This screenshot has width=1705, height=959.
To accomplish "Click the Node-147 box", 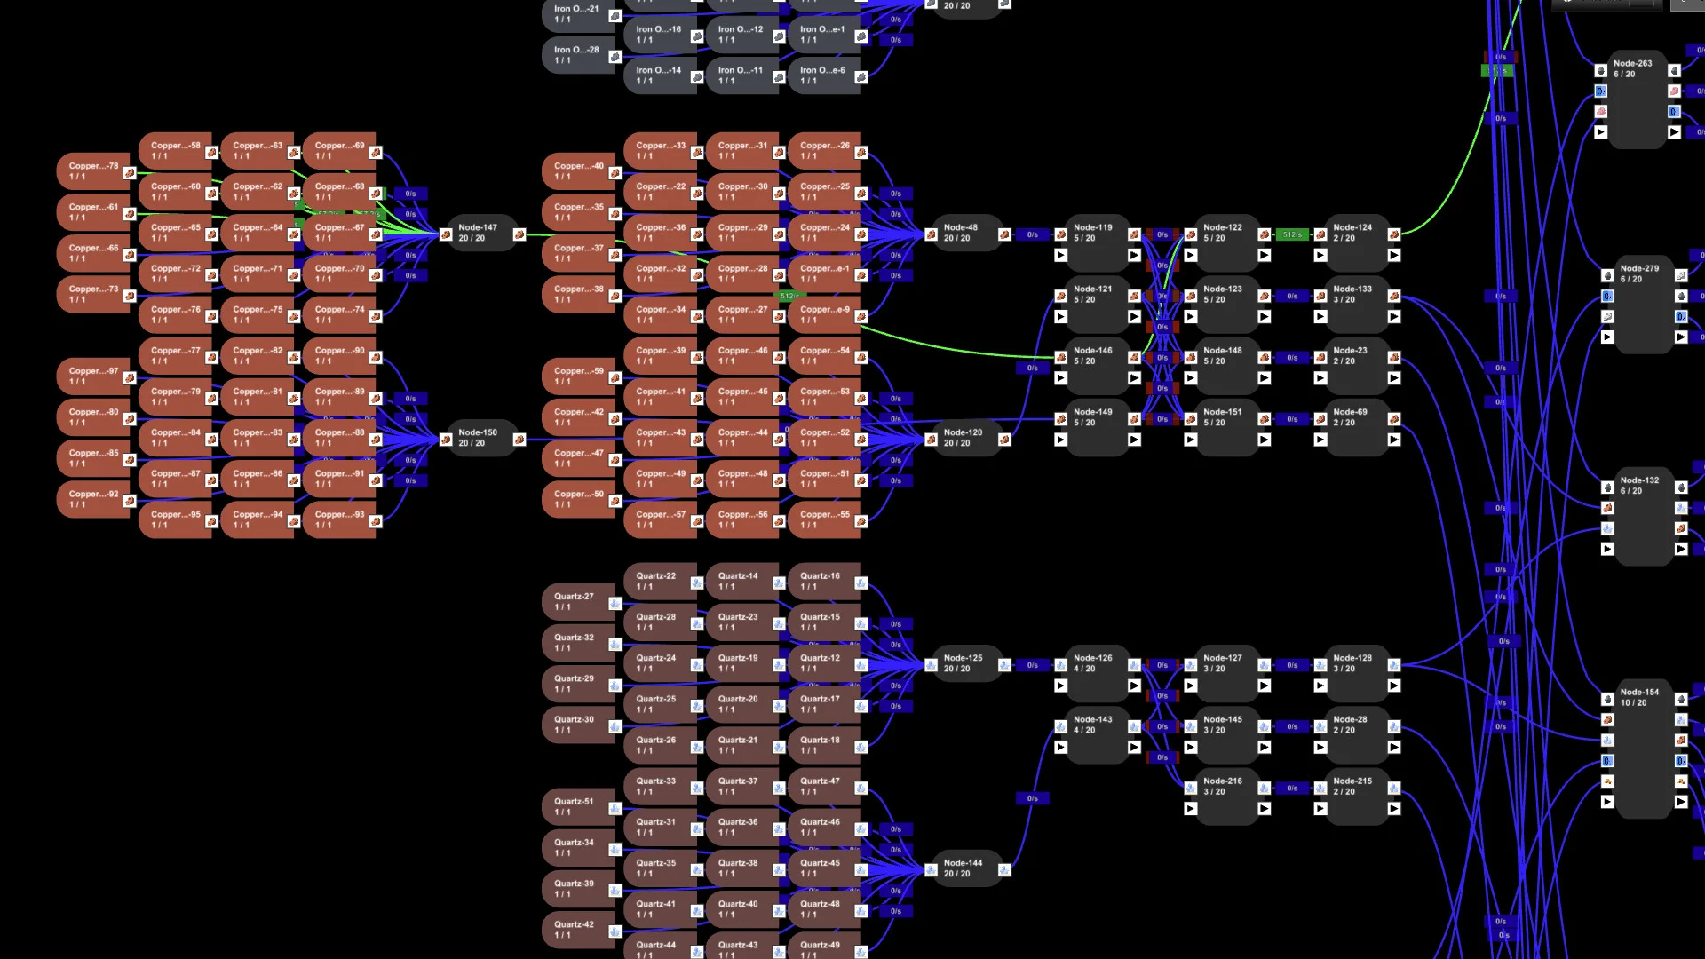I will pyautogui.click(x=480, y=234).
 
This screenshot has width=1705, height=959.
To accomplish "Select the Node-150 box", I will pyautogui.click(x=480, y=439).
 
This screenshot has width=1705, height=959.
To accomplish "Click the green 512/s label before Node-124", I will pyautogui.click(x=1292, y=235).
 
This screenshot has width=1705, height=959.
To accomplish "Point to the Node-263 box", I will pyautogui.click(x=1637, y=98).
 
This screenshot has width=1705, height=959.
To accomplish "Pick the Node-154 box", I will pyautogui.click(x=1644, y=750).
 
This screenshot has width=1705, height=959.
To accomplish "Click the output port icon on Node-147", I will pyautogui.click(x=519, y=235).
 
